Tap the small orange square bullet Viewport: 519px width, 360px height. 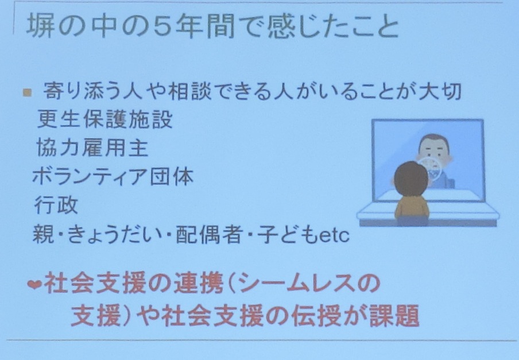28,92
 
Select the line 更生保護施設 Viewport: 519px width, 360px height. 105,118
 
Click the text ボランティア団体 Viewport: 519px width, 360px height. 113,176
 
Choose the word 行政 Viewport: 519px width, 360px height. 56,205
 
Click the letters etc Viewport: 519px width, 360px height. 334,235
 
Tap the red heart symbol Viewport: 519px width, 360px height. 34,284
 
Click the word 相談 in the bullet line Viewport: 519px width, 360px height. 190,91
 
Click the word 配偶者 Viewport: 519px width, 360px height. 208,235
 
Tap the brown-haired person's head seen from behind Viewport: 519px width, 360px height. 412,179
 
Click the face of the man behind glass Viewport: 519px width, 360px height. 433,149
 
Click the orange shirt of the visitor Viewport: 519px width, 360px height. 412,207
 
